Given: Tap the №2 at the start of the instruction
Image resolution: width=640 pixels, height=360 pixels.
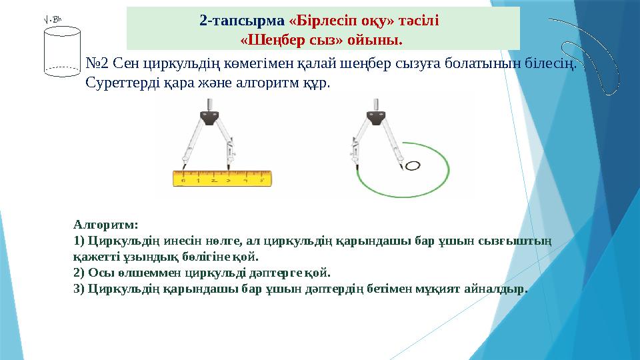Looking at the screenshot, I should [x=97, y=65].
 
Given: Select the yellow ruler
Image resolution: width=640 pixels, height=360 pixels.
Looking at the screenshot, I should [x=223, y=179].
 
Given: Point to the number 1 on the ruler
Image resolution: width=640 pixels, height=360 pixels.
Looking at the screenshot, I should [x=198, y=180].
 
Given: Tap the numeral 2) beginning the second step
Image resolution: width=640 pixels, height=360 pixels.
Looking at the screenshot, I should [x=79, y=273].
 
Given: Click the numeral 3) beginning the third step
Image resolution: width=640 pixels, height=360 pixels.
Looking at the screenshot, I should [x=79, y=289].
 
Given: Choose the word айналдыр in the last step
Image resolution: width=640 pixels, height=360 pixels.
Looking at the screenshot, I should [x=497, y=289].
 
